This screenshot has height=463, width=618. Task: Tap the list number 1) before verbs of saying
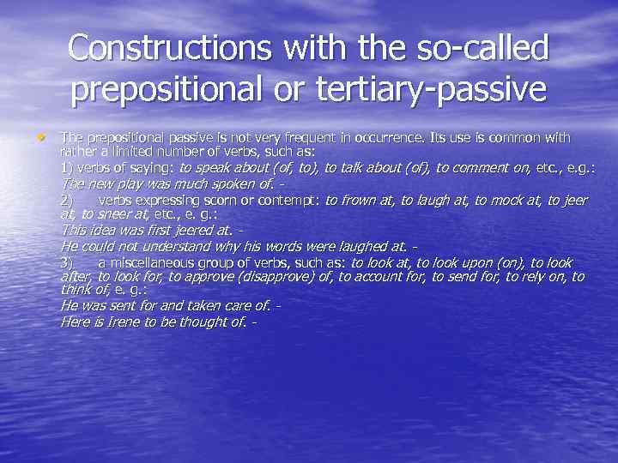click(66, 167)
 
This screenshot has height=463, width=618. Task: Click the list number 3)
click(67, 262)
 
